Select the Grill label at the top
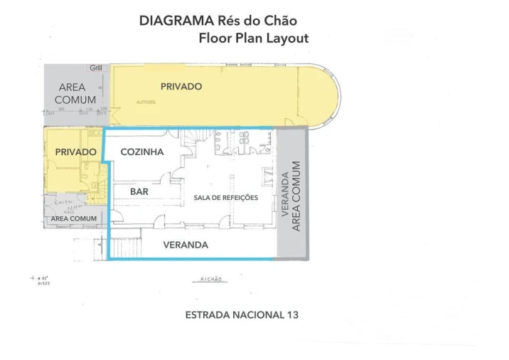(x=96, y=68)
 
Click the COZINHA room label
(x=142, y=152)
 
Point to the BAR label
(x=139, y=191)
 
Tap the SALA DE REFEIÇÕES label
(x=225, y=197)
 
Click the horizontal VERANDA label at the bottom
(x=186, y=245)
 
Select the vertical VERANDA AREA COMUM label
(x=291, y=196)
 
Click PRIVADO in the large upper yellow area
(x=181, y=86)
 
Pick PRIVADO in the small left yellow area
(x=75, y=152)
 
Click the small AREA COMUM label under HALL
(x=74, y=218)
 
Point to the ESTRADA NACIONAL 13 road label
(x=240, y=314)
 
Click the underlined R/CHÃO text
(x=210, y=280)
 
